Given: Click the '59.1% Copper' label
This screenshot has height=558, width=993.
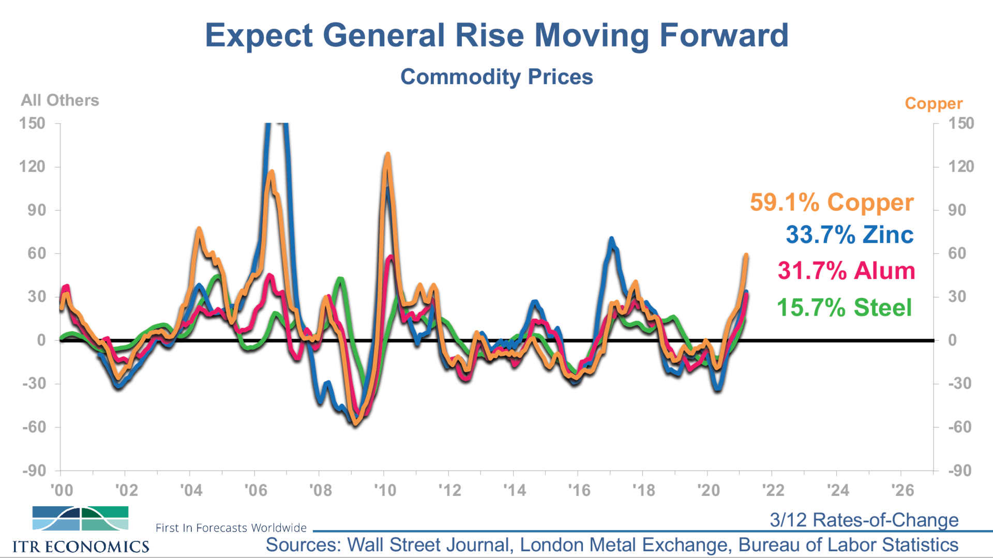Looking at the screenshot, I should point(832,202).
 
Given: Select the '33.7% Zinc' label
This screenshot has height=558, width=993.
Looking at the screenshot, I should point(849,235).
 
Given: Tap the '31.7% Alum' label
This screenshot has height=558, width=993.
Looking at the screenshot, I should point(846,271).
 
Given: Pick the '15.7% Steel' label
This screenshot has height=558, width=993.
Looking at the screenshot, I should point(844,308).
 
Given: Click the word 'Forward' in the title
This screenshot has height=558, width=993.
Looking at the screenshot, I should point(724,36).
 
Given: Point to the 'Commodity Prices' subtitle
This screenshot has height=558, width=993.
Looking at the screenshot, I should point(496,77).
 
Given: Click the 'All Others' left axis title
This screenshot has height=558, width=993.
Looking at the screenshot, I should point(60,100).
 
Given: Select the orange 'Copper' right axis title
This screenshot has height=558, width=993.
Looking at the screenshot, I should point(934,103).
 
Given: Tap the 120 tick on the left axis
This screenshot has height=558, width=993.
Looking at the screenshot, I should point(32,167).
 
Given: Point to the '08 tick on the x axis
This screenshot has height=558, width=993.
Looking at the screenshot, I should point(321,490).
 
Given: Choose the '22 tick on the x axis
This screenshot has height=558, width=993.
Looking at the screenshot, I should point(773,490).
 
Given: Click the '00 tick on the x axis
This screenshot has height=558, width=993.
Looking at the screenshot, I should point(62,490).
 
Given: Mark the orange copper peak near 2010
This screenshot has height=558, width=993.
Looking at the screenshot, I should point(387,154).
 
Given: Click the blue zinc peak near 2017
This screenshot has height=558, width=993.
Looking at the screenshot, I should point(611,239).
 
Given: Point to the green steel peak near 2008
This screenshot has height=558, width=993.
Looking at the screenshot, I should point(340,279).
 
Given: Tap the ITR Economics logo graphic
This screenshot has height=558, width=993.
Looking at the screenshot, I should point(80,518).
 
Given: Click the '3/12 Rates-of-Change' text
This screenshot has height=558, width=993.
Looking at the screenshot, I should point(864,520).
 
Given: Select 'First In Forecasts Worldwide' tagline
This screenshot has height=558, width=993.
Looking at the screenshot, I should point(231,528).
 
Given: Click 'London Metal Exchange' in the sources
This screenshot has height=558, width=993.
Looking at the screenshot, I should point(625,545).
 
